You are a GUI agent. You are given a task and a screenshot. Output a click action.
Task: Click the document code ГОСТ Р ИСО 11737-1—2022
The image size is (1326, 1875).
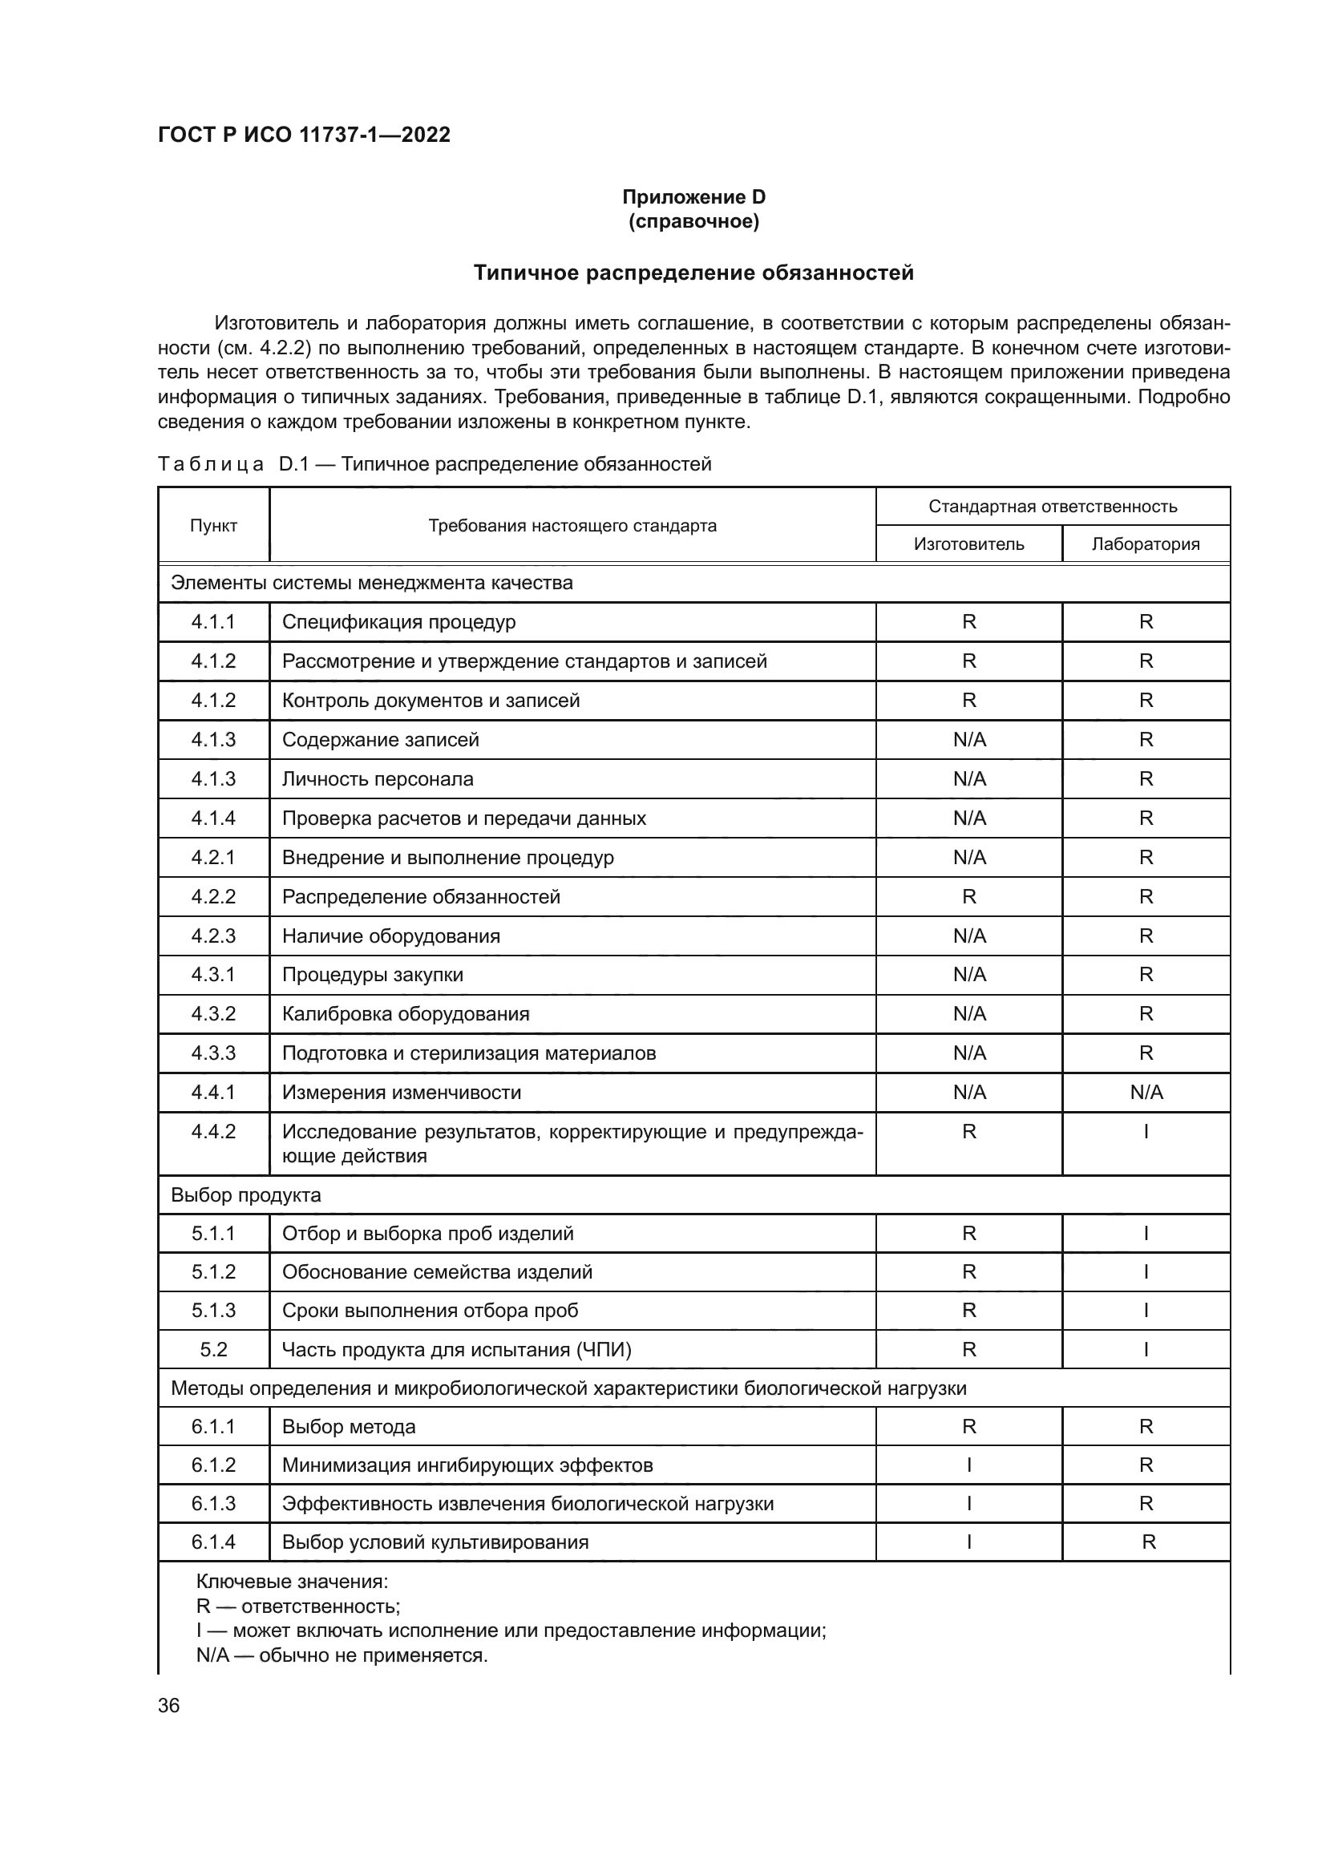click(x=304, y=135)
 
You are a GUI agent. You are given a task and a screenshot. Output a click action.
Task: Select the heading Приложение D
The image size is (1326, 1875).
click(x=693, y=197)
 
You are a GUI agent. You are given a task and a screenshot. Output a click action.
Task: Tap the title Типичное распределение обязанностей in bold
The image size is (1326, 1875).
click(x=693, y=273)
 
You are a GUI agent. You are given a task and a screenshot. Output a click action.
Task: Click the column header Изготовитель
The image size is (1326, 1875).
click(x=968, y=544)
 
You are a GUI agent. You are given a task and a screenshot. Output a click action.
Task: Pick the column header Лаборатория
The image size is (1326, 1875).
click(x=1146, y=544)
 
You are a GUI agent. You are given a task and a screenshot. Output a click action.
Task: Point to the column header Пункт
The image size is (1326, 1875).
click(x=213, y=525)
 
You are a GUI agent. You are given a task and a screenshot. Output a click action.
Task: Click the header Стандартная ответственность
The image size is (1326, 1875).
click(x=1053, y=507)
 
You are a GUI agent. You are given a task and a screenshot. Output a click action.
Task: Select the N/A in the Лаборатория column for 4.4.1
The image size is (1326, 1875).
click(x=1146, y=1092)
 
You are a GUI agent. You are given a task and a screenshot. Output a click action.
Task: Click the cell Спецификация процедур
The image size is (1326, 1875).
click(x=398, y=621)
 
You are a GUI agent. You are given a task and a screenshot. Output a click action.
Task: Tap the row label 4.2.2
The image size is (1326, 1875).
click(x=213, y=897)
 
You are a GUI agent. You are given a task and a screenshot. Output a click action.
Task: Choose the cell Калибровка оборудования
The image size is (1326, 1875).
click(x=406, y=1013)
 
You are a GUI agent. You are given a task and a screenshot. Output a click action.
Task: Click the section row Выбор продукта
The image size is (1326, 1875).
click(x=246, y=1194)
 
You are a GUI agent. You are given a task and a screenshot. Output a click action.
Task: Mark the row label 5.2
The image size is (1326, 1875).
click(x=213, y=1349)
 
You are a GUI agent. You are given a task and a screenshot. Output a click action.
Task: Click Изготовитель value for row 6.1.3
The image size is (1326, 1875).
click(x=968, y=1503)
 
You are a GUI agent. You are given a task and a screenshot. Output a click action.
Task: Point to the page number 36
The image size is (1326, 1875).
click(x=169, y=1705)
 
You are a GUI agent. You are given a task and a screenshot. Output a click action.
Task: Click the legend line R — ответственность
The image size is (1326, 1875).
click(x=298, y=1606)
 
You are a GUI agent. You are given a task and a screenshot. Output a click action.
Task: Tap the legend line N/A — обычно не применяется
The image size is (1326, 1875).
click(x=342, y=1655)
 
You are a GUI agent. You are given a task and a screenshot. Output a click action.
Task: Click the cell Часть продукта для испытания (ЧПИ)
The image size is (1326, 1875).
click(x=456, y=1349)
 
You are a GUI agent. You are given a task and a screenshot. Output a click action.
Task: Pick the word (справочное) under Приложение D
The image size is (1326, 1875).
click(x=693, y=221)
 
